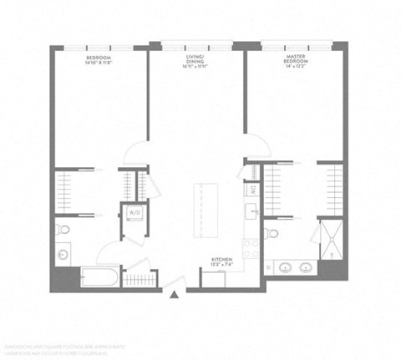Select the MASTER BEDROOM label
tap(297, 59)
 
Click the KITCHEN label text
tap(221, 260)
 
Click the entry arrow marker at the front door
tap(174, 294)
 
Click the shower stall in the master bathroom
tap(330, 236)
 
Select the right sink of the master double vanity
tap(308, 269)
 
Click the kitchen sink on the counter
tap(249, 212)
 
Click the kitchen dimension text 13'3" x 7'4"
tap(221, 266)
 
